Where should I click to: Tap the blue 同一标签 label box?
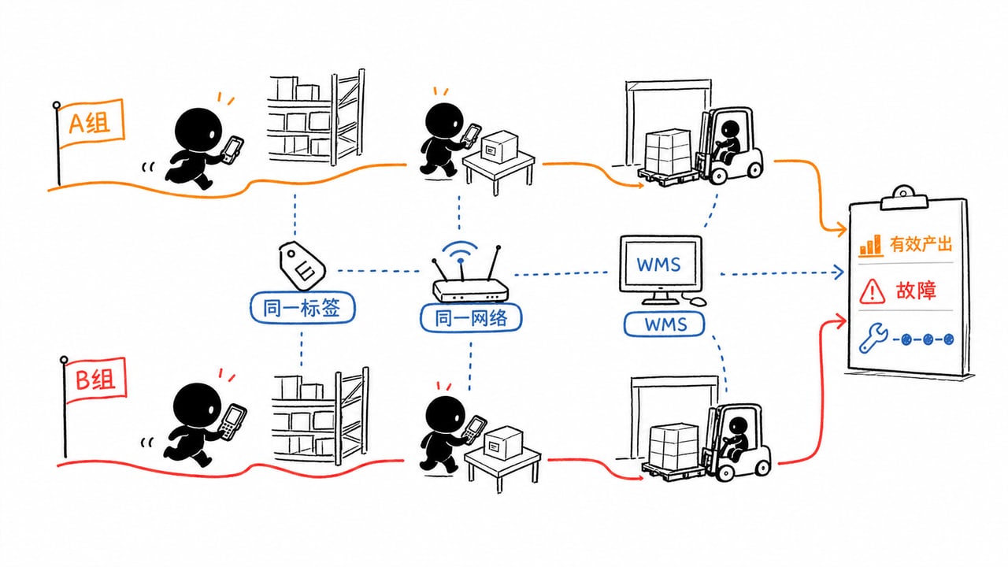[x=302, y=308]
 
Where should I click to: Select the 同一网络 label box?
[x=471, y=317]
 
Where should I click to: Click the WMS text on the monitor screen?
[x=659, y=265]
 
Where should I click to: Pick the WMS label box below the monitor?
[x=664, y=324]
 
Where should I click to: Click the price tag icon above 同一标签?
[x=302, y=265]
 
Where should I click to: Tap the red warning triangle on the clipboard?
[x=872, y=291]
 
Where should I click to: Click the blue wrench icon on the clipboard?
[x=873, y=338]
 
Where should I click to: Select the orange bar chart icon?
[x=870, y=246]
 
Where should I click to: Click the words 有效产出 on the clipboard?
[x=921, y=244]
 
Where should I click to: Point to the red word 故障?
[x=916, y=291]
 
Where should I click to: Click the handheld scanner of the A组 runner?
[x=232, y=150]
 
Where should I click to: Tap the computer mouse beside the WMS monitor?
[x=697, y=301]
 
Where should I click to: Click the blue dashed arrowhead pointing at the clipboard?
[x=838, y=272]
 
